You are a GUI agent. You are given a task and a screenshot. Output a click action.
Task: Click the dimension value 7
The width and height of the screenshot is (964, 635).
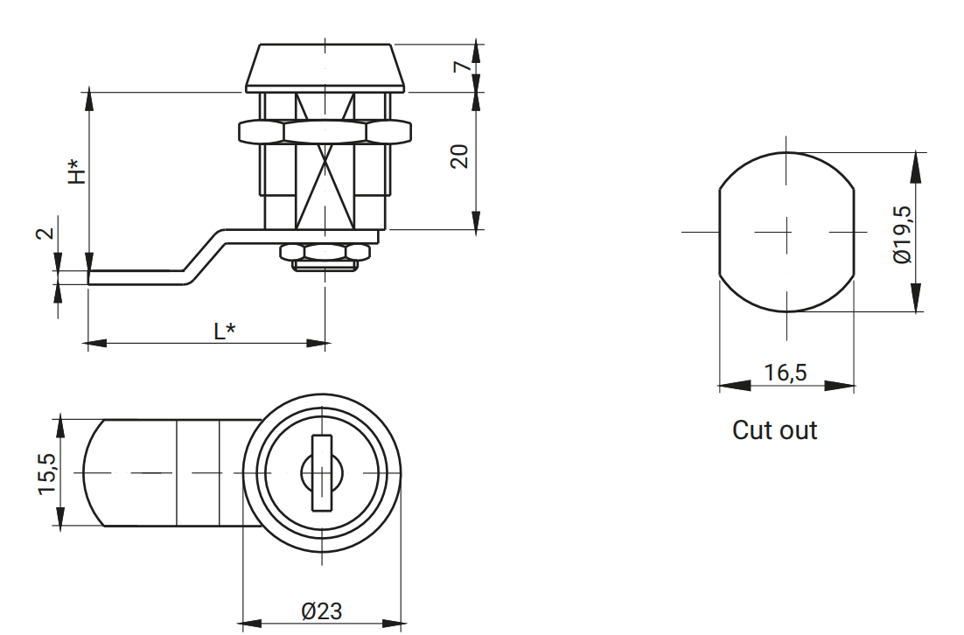462,66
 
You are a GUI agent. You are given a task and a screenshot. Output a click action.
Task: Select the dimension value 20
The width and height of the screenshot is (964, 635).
460,157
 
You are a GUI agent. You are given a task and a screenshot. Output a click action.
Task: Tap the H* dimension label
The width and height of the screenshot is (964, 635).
77,171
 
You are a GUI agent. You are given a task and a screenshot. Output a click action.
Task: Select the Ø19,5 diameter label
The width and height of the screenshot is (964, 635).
902,234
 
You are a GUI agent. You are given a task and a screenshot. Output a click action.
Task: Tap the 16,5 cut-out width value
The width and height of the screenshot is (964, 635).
785,373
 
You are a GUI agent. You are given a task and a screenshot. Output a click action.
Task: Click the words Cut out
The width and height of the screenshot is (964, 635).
774,430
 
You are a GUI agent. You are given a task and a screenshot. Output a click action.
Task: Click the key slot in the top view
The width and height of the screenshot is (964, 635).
322,472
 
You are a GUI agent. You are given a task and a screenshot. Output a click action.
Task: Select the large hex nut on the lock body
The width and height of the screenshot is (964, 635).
325,132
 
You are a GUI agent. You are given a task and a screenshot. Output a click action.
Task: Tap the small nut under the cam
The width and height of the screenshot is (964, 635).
325,253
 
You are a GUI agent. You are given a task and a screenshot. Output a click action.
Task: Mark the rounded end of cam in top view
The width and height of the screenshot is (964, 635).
94,473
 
